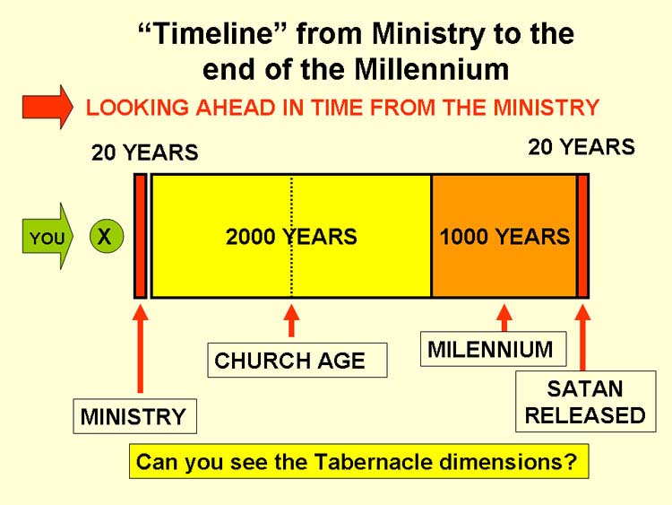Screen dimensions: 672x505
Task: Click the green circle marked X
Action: tap(107, 236)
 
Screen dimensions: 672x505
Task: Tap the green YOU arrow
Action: tap(47, 237)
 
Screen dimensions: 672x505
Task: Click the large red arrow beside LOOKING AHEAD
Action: tap(47, 108)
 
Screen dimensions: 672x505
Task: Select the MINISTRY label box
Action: tap(135, 416)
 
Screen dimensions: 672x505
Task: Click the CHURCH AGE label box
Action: tap(297, 360)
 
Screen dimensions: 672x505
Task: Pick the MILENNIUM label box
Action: tap(494, 349)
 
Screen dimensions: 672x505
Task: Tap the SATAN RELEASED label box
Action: tap(586, 401)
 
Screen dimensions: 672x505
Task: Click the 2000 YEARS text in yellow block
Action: tap(291, 237)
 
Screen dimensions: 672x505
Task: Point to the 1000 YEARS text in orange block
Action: tap(504, 237)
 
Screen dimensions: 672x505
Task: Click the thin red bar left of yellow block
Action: tap(141, 236)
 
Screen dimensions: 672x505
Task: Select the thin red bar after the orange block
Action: tap(583, 236)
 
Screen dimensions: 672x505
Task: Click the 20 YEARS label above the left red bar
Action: tap(145, 152)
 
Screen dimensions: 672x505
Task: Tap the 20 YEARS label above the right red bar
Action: tap(582, 147)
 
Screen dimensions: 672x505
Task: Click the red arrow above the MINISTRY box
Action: tap(140, 348)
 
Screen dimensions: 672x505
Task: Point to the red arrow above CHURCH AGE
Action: tap(291, 321)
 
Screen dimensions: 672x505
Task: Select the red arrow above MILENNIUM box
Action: tap(504, 318)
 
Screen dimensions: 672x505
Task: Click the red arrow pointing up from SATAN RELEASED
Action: tap(582, 337)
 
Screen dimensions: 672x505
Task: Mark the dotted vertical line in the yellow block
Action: tap(291, 236)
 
